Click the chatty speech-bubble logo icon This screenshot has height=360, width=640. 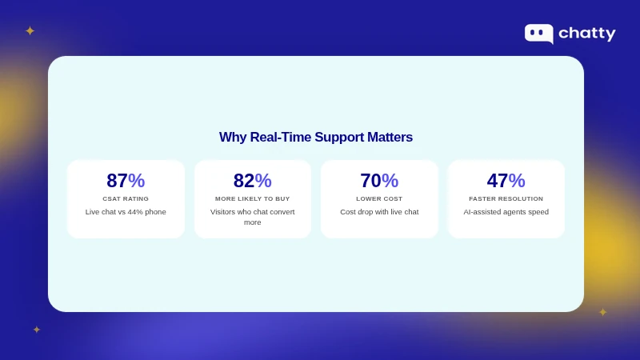tap(538, 33)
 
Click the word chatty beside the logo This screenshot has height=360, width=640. tap(587, 34)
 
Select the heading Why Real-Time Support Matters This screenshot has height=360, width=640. tap(316, 138)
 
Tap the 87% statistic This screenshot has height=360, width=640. tap(126, 181)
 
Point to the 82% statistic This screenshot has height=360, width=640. tap(253, 181)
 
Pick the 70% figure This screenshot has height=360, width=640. tap(379, 181)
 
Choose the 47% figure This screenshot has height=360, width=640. tap(506, 181)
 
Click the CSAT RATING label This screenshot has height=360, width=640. tap(126, 198)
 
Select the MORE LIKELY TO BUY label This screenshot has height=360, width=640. tap(253, 198)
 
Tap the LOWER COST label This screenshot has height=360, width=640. tap(379, 198)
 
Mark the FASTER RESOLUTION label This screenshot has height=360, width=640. tap(506, 198)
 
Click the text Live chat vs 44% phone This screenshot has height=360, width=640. tap(126, 212)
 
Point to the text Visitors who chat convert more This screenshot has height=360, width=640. tap(253, 217)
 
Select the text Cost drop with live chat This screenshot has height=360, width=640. tap(379, 212)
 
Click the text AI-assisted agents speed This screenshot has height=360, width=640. tap(506, 212)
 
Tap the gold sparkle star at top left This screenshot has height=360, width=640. tap(30, 31)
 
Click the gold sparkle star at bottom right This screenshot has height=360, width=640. tap(603, 312)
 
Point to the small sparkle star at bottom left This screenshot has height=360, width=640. tap(37, 330)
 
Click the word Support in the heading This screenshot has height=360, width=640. tap(339, 138)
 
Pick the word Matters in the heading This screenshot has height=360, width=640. tap(390, 138)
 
